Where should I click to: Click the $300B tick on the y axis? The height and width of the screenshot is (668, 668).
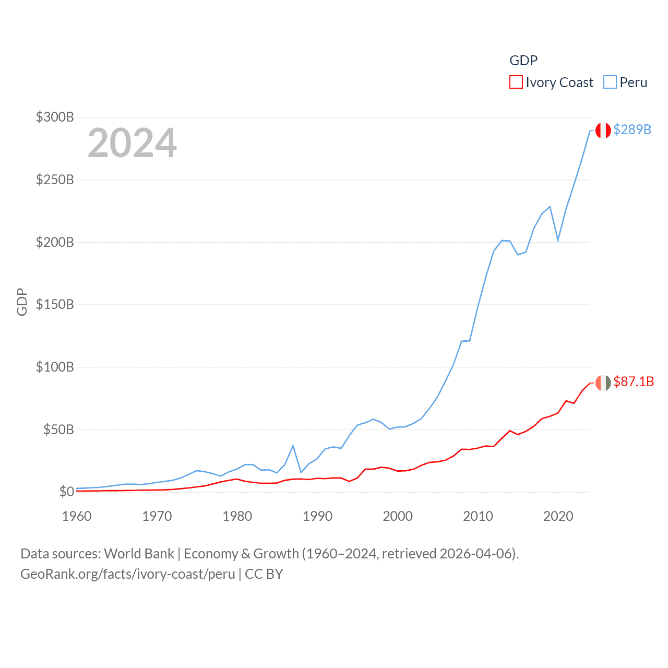(55, 117)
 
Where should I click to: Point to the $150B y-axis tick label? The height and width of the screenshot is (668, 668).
(55, 304)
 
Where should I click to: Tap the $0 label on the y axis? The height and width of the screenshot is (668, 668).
(66, 492)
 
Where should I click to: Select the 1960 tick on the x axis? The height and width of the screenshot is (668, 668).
(77, 516)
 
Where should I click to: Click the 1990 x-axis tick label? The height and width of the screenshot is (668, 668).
(317, 516)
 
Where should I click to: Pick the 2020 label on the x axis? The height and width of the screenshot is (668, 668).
(558, 516)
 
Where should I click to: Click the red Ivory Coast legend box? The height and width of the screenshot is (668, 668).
(516, 82)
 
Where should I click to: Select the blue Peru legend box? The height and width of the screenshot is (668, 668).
(610, 82)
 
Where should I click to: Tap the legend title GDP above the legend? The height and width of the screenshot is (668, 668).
(523, 61)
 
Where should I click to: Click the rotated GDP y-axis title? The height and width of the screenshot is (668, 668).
(22, 302)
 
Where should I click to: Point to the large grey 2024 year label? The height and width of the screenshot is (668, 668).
(132, 143)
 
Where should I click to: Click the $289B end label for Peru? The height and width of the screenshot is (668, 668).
(632, 129)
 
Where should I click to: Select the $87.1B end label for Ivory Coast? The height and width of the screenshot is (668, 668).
(634, 381)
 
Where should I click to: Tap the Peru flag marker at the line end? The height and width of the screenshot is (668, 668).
(603, 130)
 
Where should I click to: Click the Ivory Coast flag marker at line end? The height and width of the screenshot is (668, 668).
(603, 383)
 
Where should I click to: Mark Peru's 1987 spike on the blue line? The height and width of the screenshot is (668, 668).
(293, 445)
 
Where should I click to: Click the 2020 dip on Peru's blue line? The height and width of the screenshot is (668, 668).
(558, 240)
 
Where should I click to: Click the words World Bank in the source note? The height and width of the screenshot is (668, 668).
(139, 553)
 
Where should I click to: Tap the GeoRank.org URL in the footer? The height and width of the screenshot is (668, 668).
(128, 574)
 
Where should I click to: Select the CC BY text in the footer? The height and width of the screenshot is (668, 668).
(264, 574)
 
